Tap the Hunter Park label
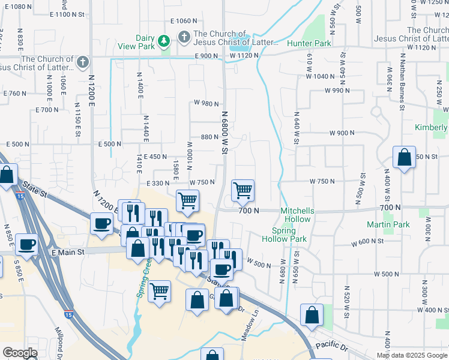click(309, 44)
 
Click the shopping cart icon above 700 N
click(243, 191)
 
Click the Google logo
click(20, 353)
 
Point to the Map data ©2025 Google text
click(412, 355)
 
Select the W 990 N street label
click(337, 91)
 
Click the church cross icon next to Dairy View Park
click(184, 38)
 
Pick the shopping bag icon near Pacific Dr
click(312, 315)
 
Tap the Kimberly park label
click(431, 128)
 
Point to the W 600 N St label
click(367, 241)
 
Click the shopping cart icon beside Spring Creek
click(159, 292)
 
